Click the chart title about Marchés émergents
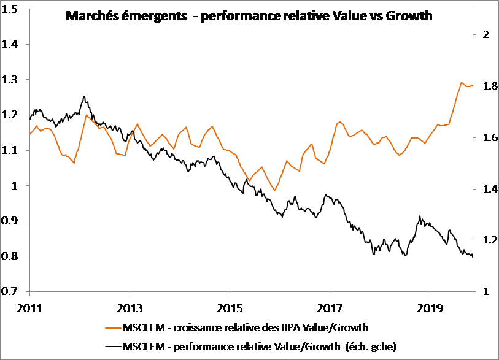[x=249, y=17]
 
